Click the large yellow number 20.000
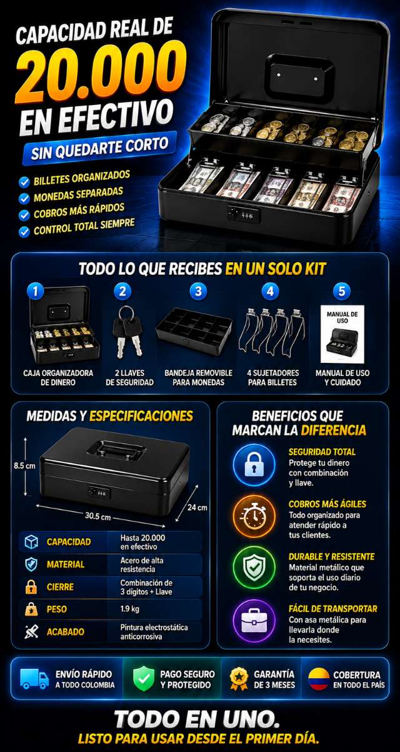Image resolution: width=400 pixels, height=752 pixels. (x=100, y=73)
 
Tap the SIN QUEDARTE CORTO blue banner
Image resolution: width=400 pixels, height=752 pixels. (x=99, y=148)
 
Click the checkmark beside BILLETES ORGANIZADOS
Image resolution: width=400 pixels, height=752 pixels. (x=24, y=182)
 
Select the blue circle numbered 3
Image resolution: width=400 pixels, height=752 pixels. (x=199, y=291)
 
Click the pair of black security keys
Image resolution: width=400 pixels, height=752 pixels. (x=127, y=331)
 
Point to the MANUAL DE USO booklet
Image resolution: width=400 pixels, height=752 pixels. (x=342, y=334)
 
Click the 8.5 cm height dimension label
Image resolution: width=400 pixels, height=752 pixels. (x=24, y=466)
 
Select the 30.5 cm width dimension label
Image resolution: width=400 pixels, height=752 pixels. (x=97, y=515)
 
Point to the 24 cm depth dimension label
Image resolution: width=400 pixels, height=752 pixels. (x=197, y=507)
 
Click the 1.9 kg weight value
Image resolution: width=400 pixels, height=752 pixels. (x=129, y=608)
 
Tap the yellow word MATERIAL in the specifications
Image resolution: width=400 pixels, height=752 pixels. (x=66, y=565)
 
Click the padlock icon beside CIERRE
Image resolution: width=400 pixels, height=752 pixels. (x=31, y=587)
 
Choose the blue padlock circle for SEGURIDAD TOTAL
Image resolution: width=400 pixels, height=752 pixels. (x=254, y=465)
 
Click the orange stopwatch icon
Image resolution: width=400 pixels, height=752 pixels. (x=254, y=517)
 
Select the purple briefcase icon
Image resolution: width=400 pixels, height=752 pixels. (x=254, y=621)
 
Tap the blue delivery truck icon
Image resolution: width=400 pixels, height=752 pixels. (x=34, y=679)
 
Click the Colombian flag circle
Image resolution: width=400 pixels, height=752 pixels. (x=319, y=679)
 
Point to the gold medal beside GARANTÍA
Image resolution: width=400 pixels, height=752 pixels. (x=239, y=679)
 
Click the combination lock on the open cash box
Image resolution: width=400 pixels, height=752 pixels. (x=244, y=214)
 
